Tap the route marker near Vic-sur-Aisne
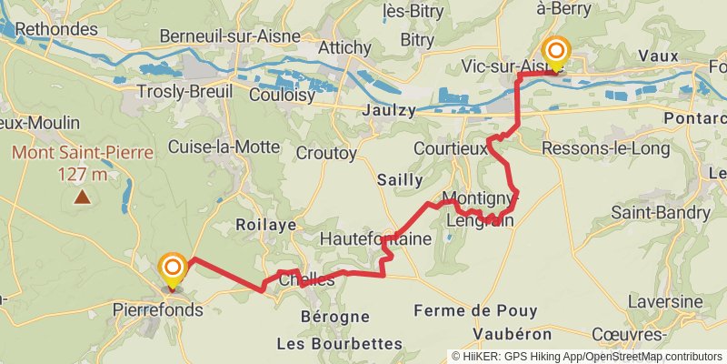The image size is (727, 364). click(x=554, y=50)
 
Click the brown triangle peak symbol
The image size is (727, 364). click(x=83, y=196)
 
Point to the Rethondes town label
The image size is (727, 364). click(x=55, y=29)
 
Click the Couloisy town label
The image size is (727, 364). click(x=282, y=95)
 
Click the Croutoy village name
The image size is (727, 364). click(x=326, y=154)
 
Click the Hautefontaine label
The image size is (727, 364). click(x=375, y=239)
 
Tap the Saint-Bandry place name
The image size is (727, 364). click(x=661, y=212)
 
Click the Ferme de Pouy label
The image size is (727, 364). click(x=475, y=311)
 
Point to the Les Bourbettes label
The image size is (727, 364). click(x=341, y=343)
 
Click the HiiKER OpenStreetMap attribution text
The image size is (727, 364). click(x=587, y=356)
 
